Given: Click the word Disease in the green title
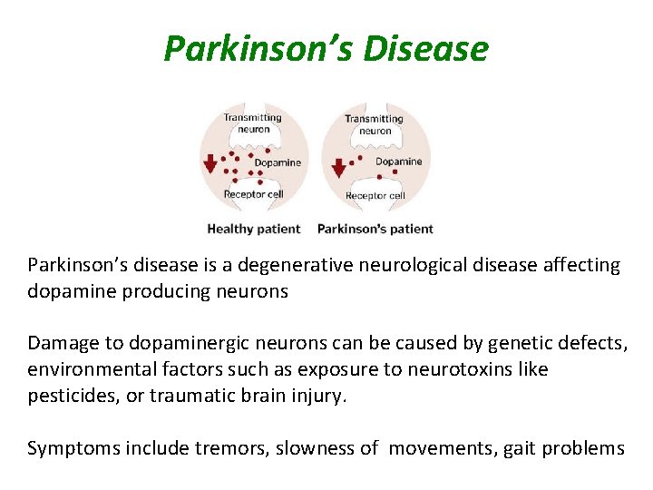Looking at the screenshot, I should pos(425,49).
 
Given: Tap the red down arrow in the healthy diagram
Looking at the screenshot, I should pos(210,163).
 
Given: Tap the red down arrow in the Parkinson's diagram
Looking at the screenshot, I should pos(338,168).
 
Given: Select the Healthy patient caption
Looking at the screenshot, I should pos(253,229).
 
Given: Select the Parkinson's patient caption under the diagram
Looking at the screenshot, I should pos(375,229).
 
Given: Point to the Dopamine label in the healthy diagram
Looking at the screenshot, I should pos(278,163).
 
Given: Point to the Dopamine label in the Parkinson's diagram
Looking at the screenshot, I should pos(399,162).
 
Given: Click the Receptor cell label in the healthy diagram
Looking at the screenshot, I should pos(254,194).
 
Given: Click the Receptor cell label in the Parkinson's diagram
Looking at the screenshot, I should pos(375,196).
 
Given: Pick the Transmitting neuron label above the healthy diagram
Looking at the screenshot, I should pos(254,123).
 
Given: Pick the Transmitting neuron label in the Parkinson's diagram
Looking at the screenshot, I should pos(375,125).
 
